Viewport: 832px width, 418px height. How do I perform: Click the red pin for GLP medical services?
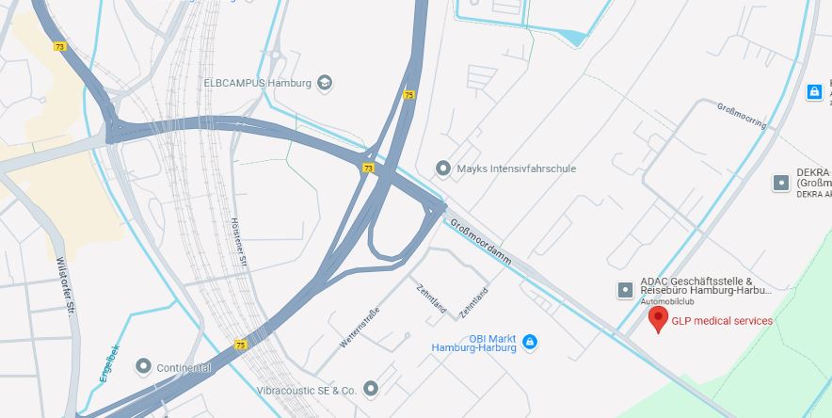(x=659, y=318)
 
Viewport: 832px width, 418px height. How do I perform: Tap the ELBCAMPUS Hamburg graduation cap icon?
(x=325, y=83)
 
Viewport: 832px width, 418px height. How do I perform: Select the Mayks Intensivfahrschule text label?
(x=516, y=169)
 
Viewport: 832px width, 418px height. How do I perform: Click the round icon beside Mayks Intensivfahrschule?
(x=443, y=169)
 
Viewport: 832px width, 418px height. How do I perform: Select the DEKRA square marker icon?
(x=780, y=183)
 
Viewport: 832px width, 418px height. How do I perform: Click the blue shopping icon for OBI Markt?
(x=530, y=341)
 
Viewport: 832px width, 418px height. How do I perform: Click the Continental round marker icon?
(x=143, y=365)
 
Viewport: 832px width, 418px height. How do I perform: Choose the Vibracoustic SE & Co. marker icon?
(x=371, y=388)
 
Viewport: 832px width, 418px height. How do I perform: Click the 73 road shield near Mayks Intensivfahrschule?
(x=368, y=169)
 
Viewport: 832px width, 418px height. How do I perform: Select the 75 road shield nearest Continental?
(x=241, y=346)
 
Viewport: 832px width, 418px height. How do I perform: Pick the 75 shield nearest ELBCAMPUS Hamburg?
(x=408, y=95)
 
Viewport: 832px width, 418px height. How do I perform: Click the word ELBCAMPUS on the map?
(x=234, y=83)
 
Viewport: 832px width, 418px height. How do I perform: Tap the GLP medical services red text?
(x=722, y=321)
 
